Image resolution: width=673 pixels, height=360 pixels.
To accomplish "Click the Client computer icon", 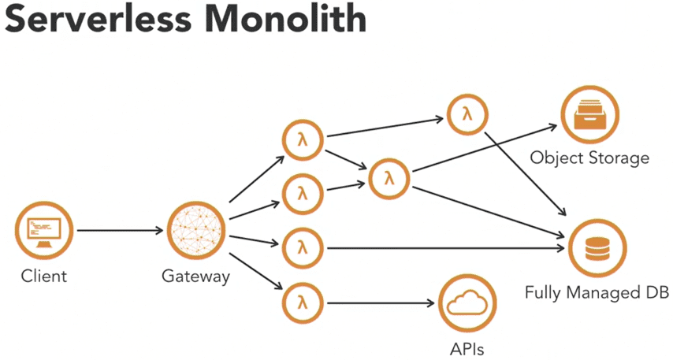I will pyautogui.click(x=43, y=231).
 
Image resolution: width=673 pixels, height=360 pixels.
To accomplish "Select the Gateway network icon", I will pyautogui.click(x=196, y=231).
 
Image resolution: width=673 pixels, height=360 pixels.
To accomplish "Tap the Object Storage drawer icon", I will pyautogui.click(x=589, y=117).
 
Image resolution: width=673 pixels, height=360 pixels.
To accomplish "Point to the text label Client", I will pyautogui.click(x=43, y=276).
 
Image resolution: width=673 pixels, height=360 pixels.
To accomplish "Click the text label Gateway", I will pyautogui.click(x=195, y=276).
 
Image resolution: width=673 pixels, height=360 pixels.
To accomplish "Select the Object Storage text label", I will pyautogui.click(x=589, y=158).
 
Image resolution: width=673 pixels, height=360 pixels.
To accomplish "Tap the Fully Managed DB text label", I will pyautogui.click(x=597, y=293).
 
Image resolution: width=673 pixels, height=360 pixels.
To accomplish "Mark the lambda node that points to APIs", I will pyautogui.click(x=302, y=302).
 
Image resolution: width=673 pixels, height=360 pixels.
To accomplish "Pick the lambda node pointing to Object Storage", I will pyautogui.click(x=389, y=178).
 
